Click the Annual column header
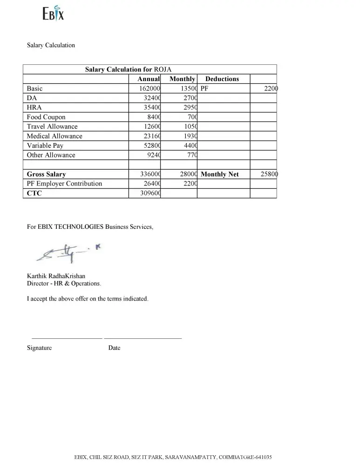[149, 79]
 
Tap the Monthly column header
[182, 79]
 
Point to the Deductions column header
[222, 79]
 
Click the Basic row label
[34, 89]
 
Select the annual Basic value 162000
[150, 89]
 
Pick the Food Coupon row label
[46, 117]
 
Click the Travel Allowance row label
[52, 127]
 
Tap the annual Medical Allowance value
[152, 136]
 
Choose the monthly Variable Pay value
[190, 146]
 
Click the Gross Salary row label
[46, 174]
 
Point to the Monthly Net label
[220, 174]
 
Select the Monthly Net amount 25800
[269, 174]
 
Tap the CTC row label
[34, 193]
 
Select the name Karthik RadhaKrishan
[56, 276]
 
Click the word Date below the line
[114, 348]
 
